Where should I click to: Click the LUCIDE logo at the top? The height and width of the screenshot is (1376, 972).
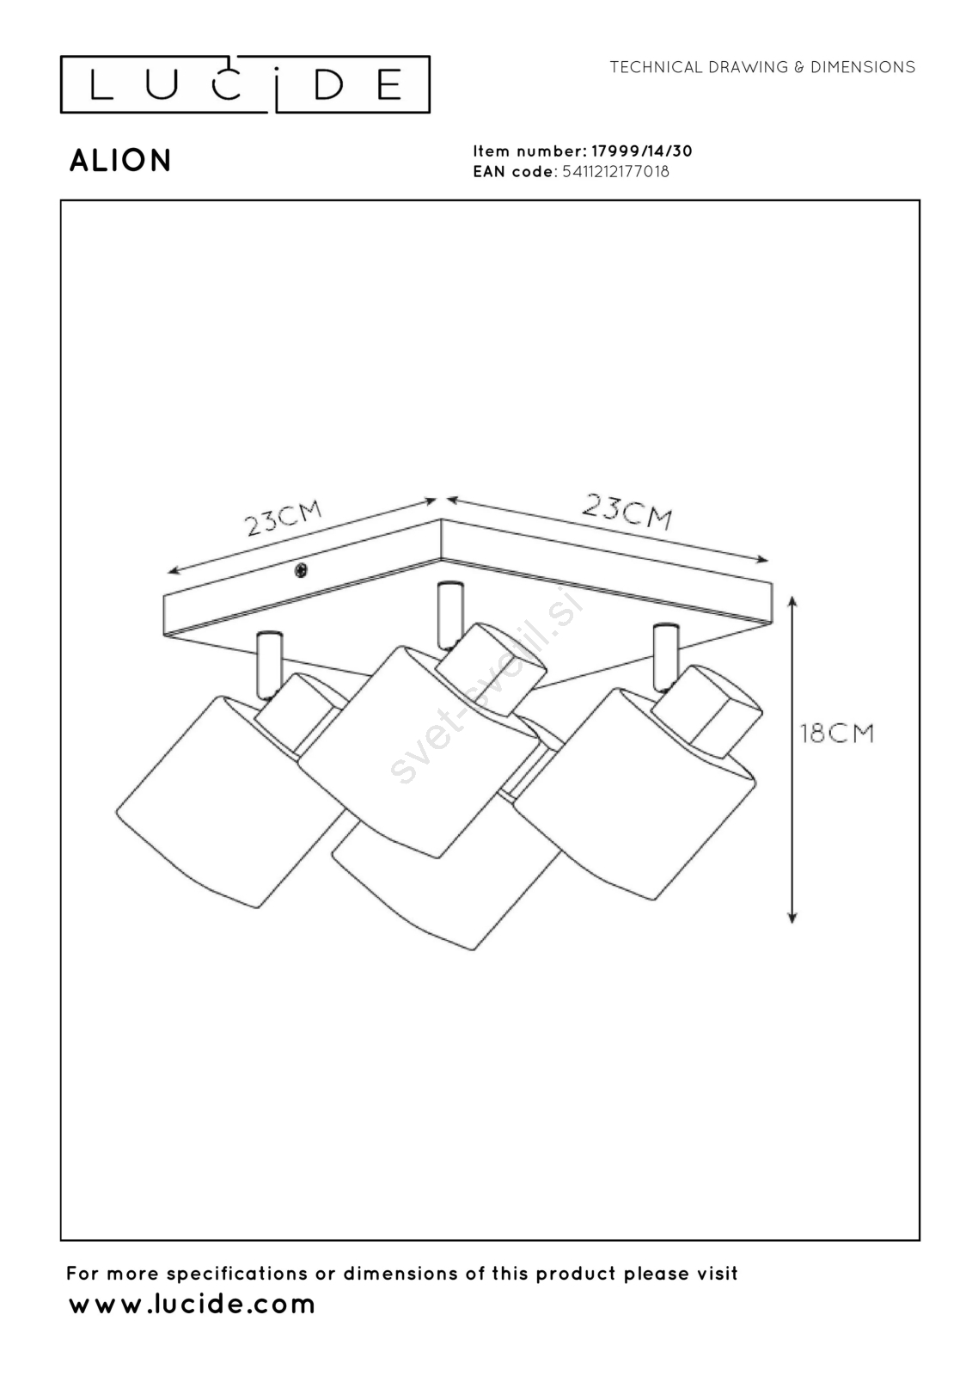click(x=245, y=84)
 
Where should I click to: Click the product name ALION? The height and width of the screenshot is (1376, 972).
click(x=120, y=161)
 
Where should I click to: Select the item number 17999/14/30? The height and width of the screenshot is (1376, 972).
click(x=641, y=151)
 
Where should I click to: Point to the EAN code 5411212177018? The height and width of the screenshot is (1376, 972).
click(x=615, y=171)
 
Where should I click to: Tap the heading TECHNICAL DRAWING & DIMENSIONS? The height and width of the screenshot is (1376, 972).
click(x=762, y=67)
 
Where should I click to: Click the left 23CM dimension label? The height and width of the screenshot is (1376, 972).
click(x=284, y=518)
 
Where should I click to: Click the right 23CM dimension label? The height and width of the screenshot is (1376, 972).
click(x=627, y=511)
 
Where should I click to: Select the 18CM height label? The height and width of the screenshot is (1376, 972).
click(x=836, y=734)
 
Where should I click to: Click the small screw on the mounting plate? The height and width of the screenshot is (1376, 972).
click(x=301, y=570)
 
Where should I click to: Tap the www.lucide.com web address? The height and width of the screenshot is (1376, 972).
click(x=192, y=1304)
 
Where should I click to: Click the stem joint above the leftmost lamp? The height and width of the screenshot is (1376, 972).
click(x=267, y=663)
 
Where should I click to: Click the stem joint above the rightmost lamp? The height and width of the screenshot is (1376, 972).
click(x=663, y=655)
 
